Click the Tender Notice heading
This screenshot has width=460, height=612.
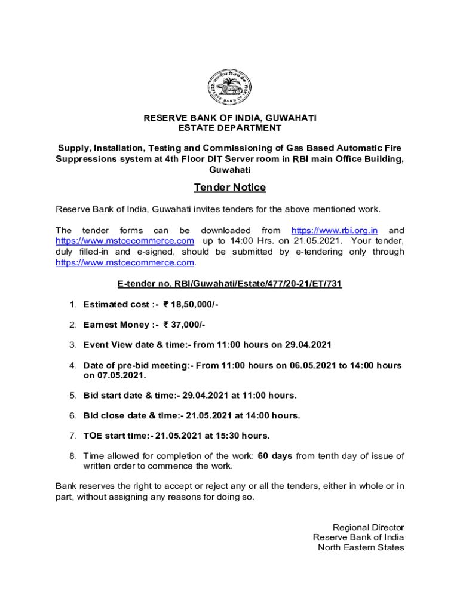click(x=230, y=188)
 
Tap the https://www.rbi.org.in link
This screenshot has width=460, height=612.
click(x=334, y=231)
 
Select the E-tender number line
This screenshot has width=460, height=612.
click(x=230, y=284)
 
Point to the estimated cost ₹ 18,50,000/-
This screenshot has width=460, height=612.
click(x=191, y=304)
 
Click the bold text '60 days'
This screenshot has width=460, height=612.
click(x=275, y=456)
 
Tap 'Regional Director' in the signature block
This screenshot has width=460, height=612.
click(x=368, y=527)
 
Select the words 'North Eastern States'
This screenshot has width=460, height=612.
click(x=361, y=547)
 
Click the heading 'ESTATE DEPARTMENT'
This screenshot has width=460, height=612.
click(x=230, y=128)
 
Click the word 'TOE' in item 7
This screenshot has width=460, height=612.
click(x=93, y=436)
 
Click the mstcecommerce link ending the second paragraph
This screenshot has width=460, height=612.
click(x=125, y=262)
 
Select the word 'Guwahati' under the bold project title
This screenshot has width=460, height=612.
click(x=230, y=169)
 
